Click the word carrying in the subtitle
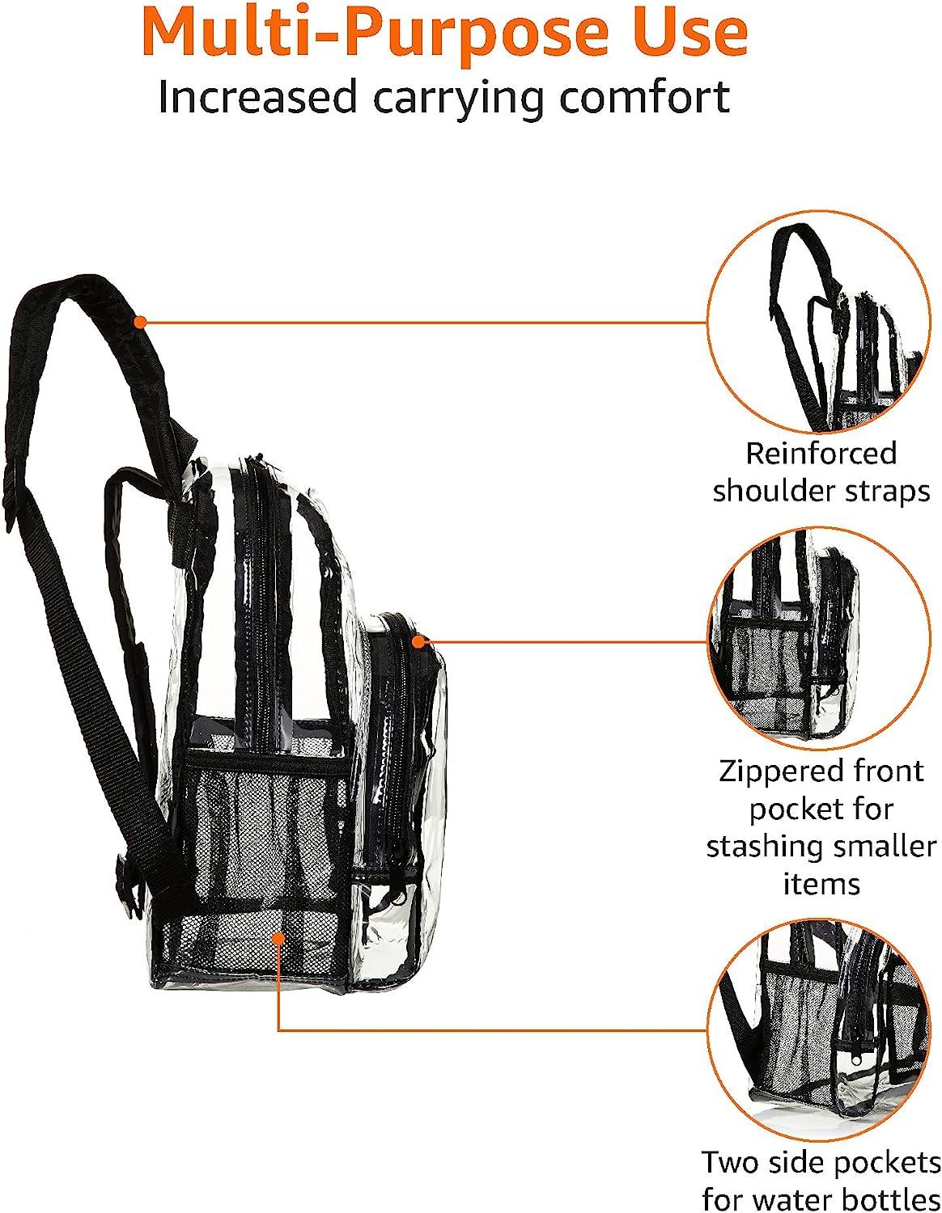(x=458, y=99)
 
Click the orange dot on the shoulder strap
(x=140, y=322)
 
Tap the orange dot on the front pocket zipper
(x=418, y=641)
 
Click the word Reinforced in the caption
(x=821, y=454)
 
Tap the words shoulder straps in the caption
(x=821, y=491)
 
